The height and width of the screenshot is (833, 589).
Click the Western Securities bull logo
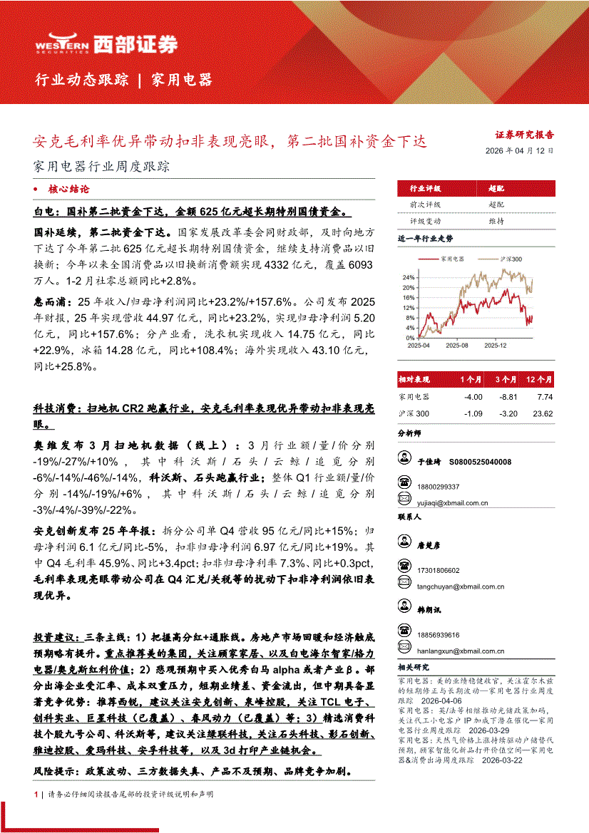[x=61, y=44]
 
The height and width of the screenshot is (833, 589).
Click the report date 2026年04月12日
[x=518, y=151]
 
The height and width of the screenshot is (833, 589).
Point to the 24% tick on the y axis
[x=408, y=277]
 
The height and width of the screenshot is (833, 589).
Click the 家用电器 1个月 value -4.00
[x=472, y=397]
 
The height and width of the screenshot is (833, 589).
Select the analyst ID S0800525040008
[x=481, y=462]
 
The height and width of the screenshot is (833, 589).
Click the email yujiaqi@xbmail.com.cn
[x=453, y=503]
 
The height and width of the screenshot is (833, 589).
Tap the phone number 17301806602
[x=439, y=570]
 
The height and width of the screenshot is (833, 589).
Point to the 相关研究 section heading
[x=414, y=667]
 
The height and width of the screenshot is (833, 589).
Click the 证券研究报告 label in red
[x=525, y=134]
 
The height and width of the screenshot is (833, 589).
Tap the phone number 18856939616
[x=439, y=635]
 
